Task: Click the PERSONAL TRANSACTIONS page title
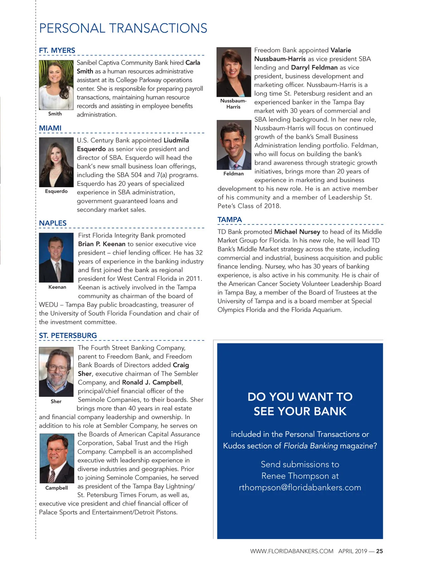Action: click(x=123, y=28)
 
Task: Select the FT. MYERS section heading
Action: click(x=57, y=50)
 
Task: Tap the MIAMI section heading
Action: click(x=50, y=128)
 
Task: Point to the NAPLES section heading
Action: click(x=53, y=223)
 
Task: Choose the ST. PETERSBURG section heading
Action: click(x=68, y=336)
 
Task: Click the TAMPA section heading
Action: click(x=230, y=220)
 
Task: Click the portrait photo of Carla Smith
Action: click(x=56, y=85)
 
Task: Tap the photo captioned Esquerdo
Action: click(x=56, y=162)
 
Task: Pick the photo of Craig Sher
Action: click(x=56, y=372)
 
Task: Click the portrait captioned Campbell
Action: click(x=57, y=458)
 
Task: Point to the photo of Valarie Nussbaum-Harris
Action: click(x=234, y=72)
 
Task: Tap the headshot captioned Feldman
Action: click(x=234, y=145)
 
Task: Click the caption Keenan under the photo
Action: click(x=57, y=287)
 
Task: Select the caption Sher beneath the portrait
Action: click(x=56, y=401)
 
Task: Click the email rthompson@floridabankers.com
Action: click(x=300, y=488)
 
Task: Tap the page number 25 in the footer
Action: click(x=379, y=551)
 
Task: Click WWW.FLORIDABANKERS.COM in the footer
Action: click(x=292, y=551)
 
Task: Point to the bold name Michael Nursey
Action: click(x=297, y=232)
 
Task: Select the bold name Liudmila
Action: click(x=176, y=140)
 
